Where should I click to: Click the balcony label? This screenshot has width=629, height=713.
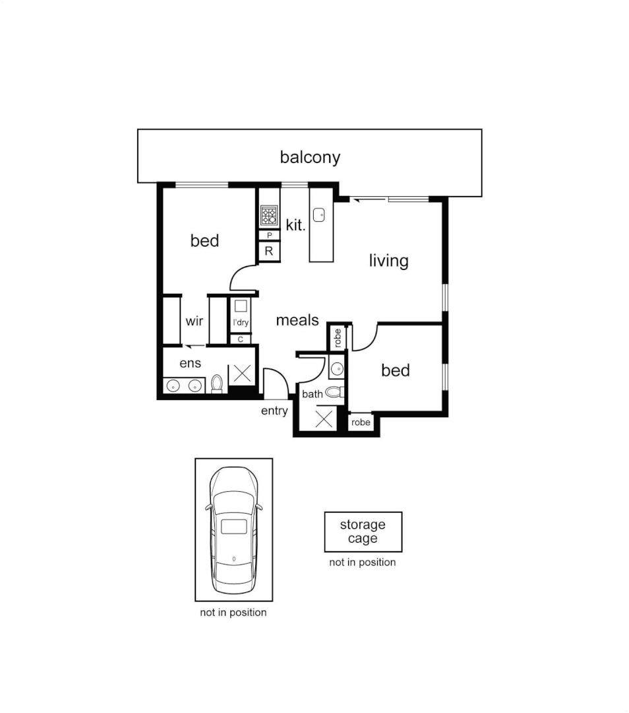[x=310, y=157]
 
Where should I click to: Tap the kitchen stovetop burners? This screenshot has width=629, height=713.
[x=269, y=216]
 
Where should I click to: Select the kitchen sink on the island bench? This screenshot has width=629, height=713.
[x=320, y=215]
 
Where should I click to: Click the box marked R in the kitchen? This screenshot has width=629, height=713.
[x=269, y=251]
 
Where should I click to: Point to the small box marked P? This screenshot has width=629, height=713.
[x=269, y=235]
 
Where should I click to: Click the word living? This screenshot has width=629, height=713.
[x=389, y=261]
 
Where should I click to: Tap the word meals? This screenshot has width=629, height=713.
[x=297, y=320]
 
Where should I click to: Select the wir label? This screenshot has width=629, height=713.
[x=195, y=321]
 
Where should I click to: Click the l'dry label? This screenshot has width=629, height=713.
[x=241, y=322]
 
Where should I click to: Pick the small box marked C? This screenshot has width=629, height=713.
[x=240, y=339]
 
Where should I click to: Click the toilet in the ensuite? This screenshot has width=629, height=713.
[x=217, y=384]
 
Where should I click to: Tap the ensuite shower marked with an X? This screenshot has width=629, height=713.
[x=242, y=374]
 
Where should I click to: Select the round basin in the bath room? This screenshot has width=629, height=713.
[x=337, y=369]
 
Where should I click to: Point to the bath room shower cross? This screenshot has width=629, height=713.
[x=323, y=419]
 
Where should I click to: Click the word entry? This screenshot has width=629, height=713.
[x=274, y=411]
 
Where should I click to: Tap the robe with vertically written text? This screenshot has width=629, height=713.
[x=338, y=338]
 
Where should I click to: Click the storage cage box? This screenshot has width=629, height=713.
[x=363, y=531]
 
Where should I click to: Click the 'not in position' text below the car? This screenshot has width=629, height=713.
[x=233, y=613]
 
